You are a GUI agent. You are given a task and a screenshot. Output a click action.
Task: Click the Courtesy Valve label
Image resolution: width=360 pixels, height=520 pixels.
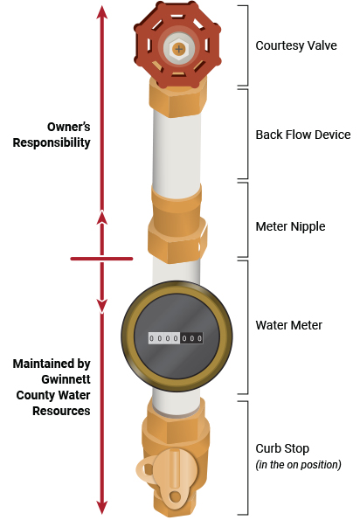coord(296,45)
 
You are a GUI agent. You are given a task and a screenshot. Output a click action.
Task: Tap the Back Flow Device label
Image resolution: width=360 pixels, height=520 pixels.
coord(303,135)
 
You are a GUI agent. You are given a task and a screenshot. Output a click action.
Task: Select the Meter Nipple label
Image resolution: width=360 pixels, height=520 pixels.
coord(290,227)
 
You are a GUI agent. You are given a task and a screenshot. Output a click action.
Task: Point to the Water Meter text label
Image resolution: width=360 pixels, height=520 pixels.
coord(288,325)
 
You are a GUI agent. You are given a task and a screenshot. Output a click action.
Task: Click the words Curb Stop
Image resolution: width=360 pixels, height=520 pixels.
coord(282,448)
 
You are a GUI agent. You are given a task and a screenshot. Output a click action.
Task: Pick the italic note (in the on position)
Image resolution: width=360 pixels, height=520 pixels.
coord(298,465)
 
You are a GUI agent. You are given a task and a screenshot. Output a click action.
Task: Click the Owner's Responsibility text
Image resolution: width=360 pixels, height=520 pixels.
coord(52,135)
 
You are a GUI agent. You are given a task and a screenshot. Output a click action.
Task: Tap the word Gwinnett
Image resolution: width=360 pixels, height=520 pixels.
coord(66,379)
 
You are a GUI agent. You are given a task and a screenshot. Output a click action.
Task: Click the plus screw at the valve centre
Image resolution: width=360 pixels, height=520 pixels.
coord(178,50)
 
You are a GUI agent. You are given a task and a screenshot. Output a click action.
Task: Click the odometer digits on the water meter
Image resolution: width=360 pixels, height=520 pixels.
coord(176,338)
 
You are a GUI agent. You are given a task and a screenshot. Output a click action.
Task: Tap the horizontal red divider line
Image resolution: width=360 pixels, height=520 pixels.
coord(101,259)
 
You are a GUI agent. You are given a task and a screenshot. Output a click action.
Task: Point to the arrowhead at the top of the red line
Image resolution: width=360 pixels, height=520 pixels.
coord(102,11)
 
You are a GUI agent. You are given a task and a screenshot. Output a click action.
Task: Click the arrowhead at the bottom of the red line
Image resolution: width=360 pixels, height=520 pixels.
coord(102,507)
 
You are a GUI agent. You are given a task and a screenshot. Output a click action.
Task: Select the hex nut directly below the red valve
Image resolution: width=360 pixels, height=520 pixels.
coord(177,99)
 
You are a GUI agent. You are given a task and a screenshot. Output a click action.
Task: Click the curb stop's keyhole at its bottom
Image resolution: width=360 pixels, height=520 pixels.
coord(175,496)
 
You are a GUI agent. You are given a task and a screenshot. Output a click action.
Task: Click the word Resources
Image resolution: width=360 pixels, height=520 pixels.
coord(61,411)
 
